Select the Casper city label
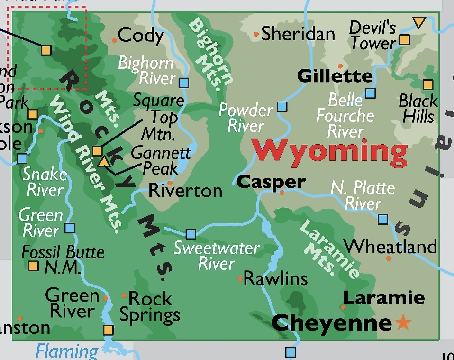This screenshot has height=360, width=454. [x=271, y=181]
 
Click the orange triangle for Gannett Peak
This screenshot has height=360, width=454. [x=104, y=162]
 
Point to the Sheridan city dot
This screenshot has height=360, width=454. [x=256, y=34]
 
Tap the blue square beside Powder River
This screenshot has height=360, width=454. [x=282, y=106]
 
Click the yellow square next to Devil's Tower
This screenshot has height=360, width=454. [x=404, y=39]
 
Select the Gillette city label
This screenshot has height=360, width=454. [x=335, y=76]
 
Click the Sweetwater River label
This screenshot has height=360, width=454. [x=217, y=256]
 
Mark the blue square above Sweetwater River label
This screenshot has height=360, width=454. [x=191, y=234]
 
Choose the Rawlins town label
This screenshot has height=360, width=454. [x=275, y=278]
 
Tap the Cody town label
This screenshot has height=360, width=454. [x=141, y=35]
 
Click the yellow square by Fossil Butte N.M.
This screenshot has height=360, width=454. [x=33, y=266]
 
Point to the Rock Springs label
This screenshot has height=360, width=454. [x=150, y=306]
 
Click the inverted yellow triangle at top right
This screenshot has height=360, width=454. [x=418, y=22]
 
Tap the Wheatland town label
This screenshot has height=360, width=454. [x=390, y=246]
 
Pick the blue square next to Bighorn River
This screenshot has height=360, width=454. [x=184, y=83]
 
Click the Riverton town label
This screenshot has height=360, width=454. [x=185, y=191]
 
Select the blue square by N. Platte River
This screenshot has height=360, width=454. [x=383, y=219]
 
